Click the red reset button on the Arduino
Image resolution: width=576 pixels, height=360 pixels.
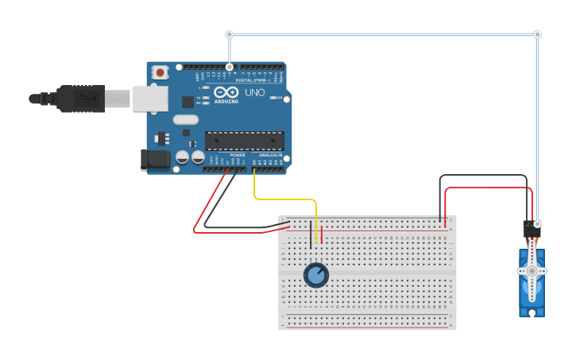[x=160, y=72]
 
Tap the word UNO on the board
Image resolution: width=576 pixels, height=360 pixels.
[x=255, y=93]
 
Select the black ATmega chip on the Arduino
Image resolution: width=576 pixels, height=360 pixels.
[x=244, y=141]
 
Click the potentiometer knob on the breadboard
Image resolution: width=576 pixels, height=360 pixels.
[x=315, y=275]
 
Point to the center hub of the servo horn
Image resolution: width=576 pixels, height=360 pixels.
[x=532, y=271]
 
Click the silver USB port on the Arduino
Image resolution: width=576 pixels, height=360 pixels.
[x=150, y=99]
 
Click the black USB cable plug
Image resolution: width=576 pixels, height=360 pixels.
[x=79, y=99]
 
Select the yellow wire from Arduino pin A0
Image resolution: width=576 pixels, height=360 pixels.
[x=286, y=199]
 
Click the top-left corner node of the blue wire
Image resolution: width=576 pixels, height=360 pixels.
[x=230, y=34]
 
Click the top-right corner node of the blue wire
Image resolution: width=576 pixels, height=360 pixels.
[x=537, y=34]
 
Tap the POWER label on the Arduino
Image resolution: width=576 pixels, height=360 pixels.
[x=237, y=155]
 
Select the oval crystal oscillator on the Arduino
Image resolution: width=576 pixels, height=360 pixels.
[x=185, y=120]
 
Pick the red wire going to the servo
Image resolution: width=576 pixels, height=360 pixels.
[x=485, y=188]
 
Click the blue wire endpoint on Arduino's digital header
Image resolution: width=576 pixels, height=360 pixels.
[x=230, y=67]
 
